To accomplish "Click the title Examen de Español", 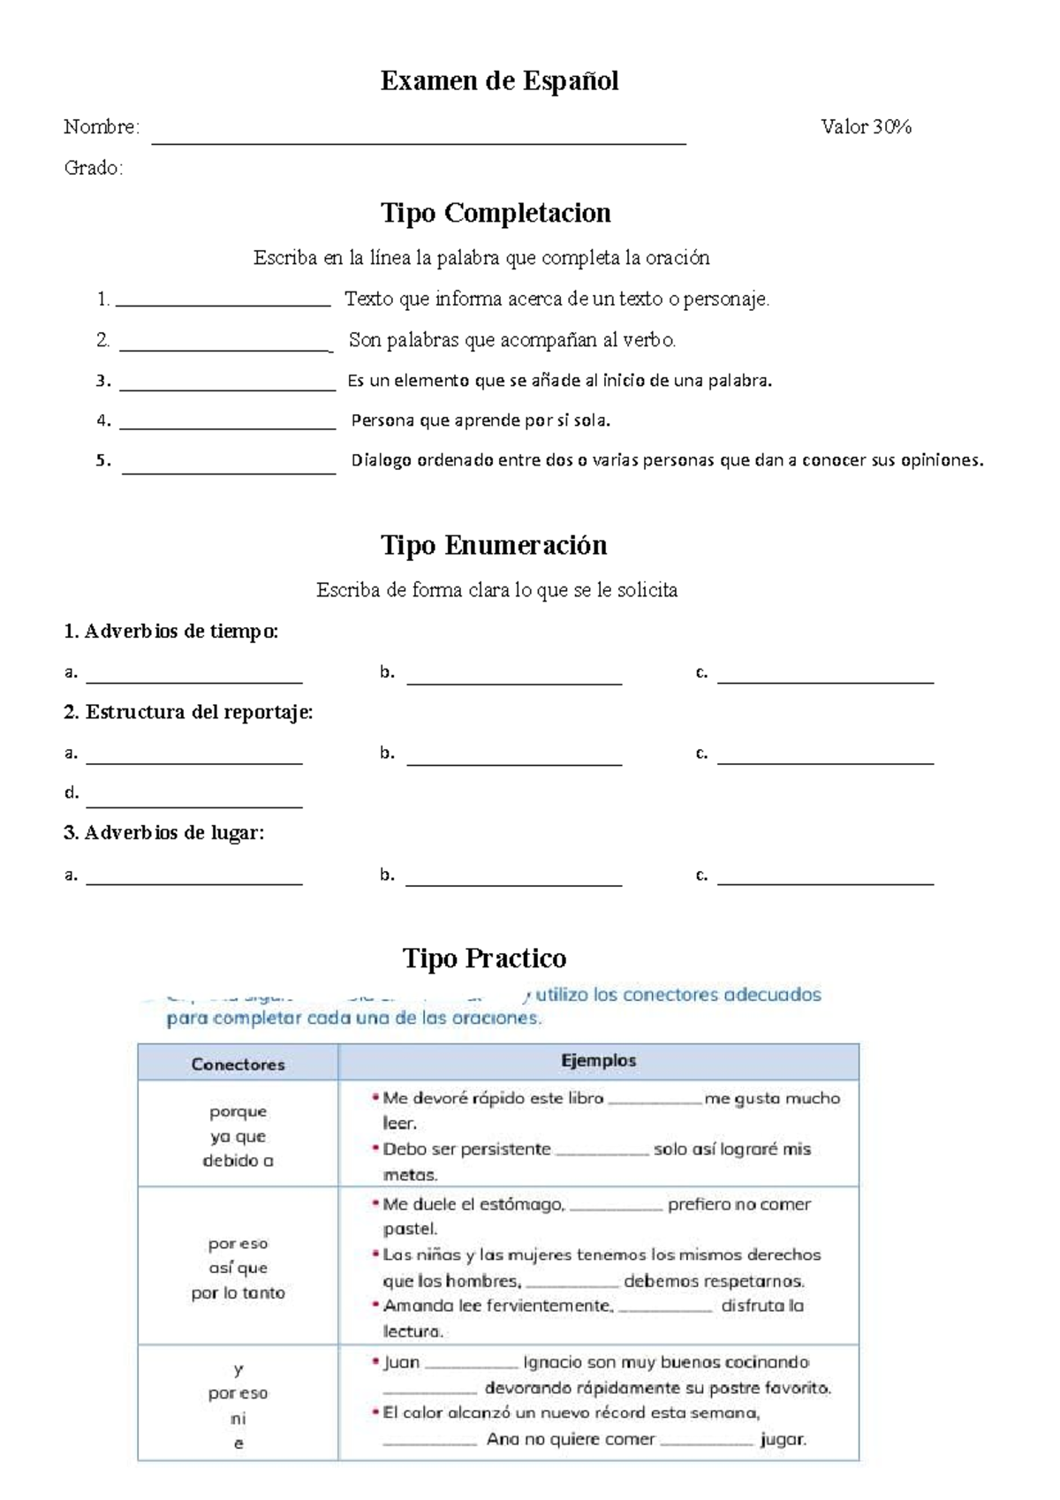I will tap(499, 81).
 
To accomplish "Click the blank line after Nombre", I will tap(419, 139).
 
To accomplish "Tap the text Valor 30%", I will tap(866, 127).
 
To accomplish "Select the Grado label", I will tap(93, 168).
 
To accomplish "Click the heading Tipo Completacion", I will tap(496, 213).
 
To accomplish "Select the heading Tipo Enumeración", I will tap(494, 545).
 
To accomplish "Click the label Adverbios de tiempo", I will tap(171, 632).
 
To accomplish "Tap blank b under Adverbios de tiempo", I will tap(514, 680).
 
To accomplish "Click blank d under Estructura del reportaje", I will tap(194, 803).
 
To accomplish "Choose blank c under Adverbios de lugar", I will tap(825, 881).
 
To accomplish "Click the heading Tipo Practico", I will tap(484, 958).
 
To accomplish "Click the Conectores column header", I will tap(238, 1064).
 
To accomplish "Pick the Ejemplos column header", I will tap(598, 1061).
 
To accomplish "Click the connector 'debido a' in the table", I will tap(238, 1161).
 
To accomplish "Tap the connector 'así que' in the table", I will tap(238, 1268).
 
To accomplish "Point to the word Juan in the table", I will tap(401, 1362).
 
